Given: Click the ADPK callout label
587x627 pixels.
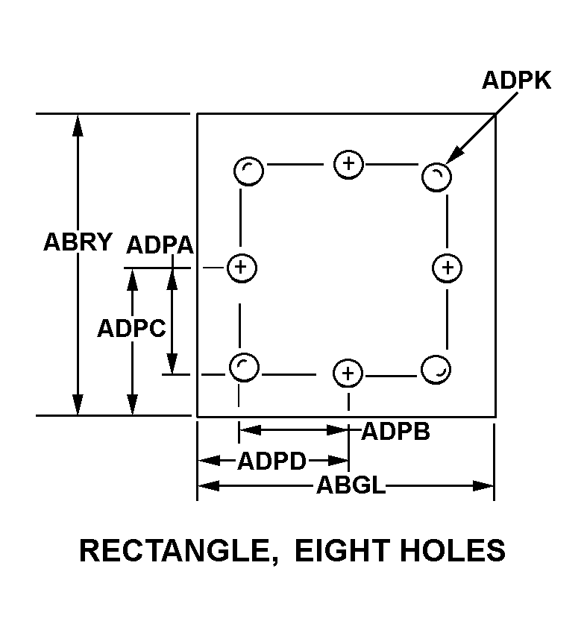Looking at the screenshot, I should click(516, 81).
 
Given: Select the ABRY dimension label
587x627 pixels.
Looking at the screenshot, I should click(78, 242).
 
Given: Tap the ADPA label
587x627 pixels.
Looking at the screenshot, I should click(160, 245).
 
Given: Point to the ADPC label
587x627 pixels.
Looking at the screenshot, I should click(131, 328).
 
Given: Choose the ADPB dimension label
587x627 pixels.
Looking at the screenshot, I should click(395, 432).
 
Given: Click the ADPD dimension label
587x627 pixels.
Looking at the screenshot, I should click(271, 461).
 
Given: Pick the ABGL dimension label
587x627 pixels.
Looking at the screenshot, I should click(351, 486).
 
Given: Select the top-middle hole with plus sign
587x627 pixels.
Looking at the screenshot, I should click(348, 163).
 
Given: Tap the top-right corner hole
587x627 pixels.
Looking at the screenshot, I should click(436, 177).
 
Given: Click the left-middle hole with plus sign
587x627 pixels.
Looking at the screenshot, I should click(241, 268).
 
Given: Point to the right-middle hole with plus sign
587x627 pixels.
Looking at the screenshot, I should click(447, 268).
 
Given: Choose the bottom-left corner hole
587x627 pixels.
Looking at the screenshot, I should click(243, 366).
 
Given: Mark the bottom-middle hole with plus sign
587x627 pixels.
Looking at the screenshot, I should click(348, 373).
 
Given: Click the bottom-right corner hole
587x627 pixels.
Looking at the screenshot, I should click(436, 369).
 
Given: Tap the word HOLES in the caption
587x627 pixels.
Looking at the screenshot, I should click(456, 551).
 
